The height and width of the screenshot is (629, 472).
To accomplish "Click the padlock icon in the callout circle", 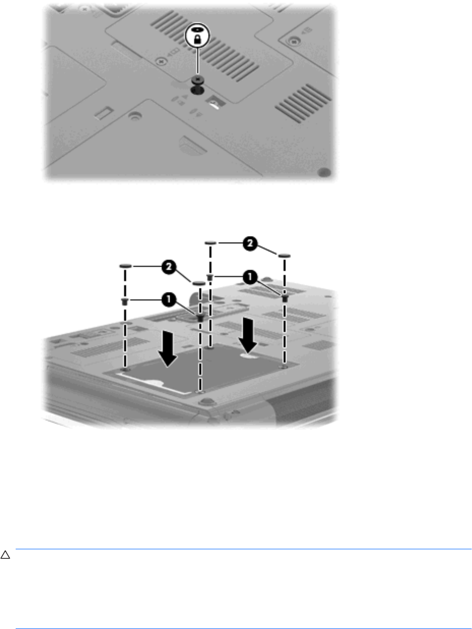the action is [x=197, y=39].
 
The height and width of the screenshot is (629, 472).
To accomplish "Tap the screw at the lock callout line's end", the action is [x=197, y=79].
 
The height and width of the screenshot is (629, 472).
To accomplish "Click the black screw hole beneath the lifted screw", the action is [x=197, y=90].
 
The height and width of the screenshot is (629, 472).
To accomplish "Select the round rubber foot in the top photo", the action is [x=324, y=172].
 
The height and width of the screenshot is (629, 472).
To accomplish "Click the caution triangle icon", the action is [x=5, y=555].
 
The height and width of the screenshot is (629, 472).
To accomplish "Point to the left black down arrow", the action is [x=168, y=348].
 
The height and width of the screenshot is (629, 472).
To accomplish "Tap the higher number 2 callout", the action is [x=250, y=244].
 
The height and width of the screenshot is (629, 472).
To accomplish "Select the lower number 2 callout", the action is [x=169, y=267].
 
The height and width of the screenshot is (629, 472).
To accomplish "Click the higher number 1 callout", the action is [x=250, y=277].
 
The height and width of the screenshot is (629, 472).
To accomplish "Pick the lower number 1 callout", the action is [x=169, y=300].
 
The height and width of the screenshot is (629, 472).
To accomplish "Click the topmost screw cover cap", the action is [x=210, y=243].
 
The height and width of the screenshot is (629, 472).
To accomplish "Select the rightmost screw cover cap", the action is [x=284, y=256].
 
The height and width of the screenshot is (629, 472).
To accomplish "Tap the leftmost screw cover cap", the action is [x=125, y=266].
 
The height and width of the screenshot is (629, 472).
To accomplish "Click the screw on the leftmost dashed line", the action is [x=125, y=302].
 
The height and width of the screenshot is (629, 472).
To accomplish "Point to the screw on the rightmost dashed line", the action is [x=285, y=298].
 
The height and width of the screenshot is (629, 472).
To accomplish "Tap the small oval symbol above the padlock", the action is [x=197, y=29].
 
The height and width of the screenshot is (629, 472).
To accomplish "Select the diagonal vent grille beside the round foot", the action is [x=303, y=103].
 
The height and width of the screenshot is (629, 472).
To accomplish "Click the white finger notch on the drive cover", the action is [x=248, y=356].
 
